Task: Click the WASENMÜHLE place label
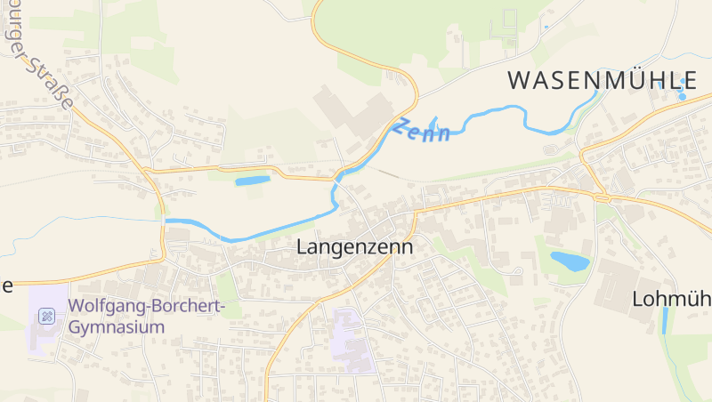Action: coord(602,79)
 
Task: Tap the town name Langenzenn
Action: coord(354,247)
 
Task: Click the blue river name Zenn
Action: coord(424,130)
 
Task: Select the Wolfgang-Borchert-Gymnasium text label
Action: coord(147,317)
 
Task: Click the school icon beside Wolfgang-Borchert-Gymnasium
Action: coord(48,317)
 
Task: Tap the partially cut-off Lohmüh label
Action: coord(672,299)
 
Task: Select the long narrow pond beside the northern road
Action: coord(252,181)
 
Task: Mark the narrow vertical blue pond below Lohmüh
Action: coord(664,321)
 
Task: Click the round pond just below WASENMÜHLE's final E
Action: coord(683,95)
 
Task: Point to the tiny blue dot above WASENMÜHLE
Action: coord(546,28)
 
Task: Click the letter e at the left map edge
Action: coord(6,285)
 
